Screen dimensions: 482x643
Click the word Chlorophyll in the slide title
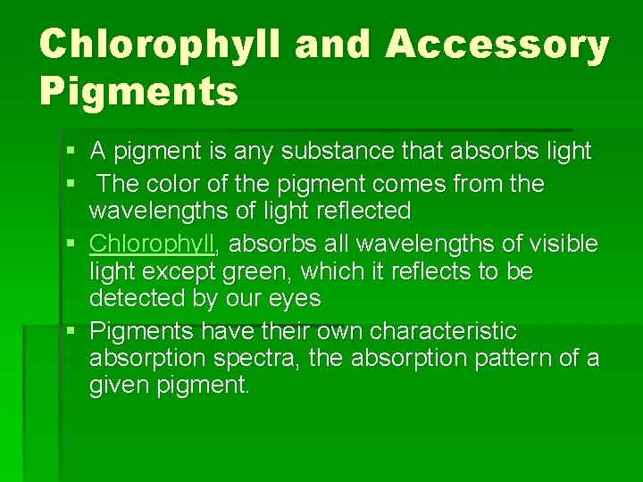click(159, 46)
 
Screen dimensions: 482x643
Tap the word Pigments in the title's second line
click(138, 91)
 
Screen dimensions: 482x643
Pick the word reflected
click(358, 212)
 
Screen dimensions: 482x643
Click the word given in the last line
click(114, 386)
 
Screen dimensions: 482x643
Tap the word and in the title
click(331, 46)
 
